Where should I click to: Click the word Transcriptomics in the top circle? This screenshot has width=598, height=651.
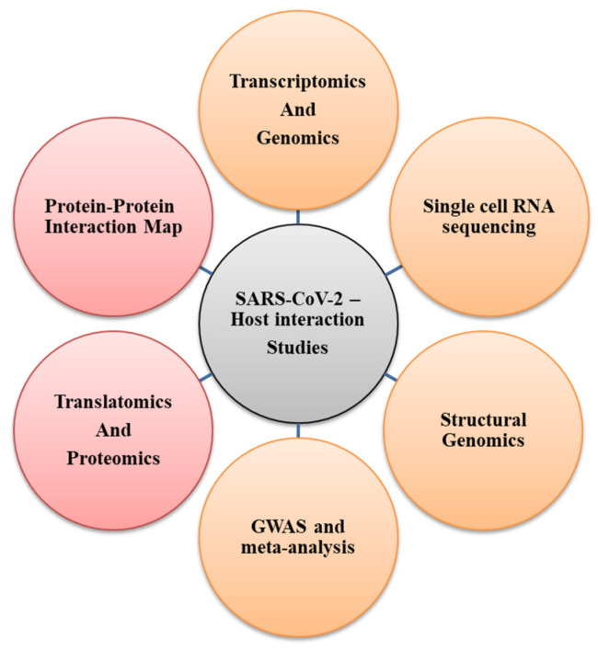coord(297,81)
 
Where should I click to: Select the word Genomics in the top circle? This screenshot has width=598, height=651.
coord(297,138)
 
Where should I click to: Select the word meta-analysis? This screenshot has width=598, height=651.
coord(298,550)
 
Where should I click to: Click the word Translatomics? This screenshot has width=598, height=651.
coord(113,402)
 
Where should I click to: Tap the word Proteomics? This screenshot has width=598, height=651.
coord(113,458)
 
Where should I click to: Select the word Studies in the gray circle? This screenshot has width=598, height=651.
coord(296,349)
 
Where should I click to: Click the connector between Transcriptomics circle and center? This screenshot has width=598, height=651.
coord(297,217)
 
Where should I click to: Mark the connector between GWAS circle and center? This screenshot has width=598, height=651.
coord(297,432)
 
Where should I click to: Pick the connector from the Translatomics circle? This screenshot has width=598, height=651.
coord(204,378)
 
